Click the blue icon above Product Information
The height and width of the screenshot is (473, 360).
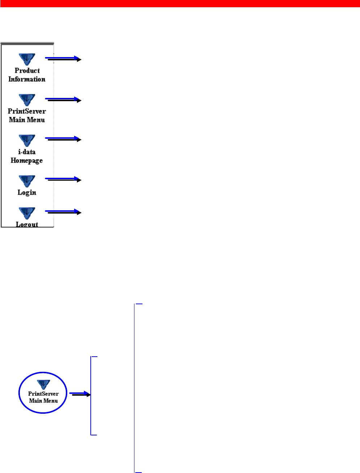[x=27, y=59]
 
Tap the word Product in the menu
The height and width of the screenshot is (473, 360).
[x=27, y=70]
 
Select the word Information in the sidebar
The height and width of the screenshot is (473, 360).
[x=27, y=79]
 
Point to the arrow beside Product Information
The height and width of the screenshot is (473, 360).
[x=64, y=59]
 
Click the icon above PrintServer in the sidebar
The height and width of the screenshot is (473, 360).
[x=27, y=100]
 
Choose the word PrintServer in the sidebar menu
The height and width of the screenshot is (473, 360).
[x=27, y=111]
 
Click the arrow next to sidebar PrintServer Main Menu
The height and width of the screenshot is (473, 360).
[x=64, y=99]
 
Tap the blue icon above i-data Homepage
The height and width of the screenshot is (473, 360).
[x=27, y=140]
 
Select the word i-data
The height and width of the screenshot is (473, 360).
[x=27, y=152]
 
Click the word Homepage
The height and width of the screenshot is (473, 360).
[x=26, y=160]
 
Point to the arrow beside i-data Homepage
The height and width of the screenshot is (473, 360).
[x=64, y=139]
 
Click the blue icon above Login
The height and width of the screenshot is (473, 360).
[x=27, y=181]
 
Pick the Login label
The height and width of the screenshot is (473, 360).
[x=27, y=192]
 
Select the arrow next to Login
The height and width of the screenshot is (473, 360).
[x=64, y=179]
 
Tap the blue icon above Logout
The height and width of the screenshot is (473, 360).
[x=27, y=213]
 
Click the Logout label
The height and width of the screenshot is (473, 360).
[x=27, y=224]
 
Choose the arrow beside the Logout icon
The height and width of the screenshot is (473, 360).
[x=64, y=212]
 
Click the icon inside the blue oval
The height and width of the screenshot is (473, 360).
[x=43, y=384]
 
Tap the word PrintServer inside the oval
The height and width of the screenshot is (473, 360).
[x=43, y=394]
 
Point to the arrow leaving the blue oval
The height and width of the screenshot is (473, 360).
[x=80, y=394]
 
